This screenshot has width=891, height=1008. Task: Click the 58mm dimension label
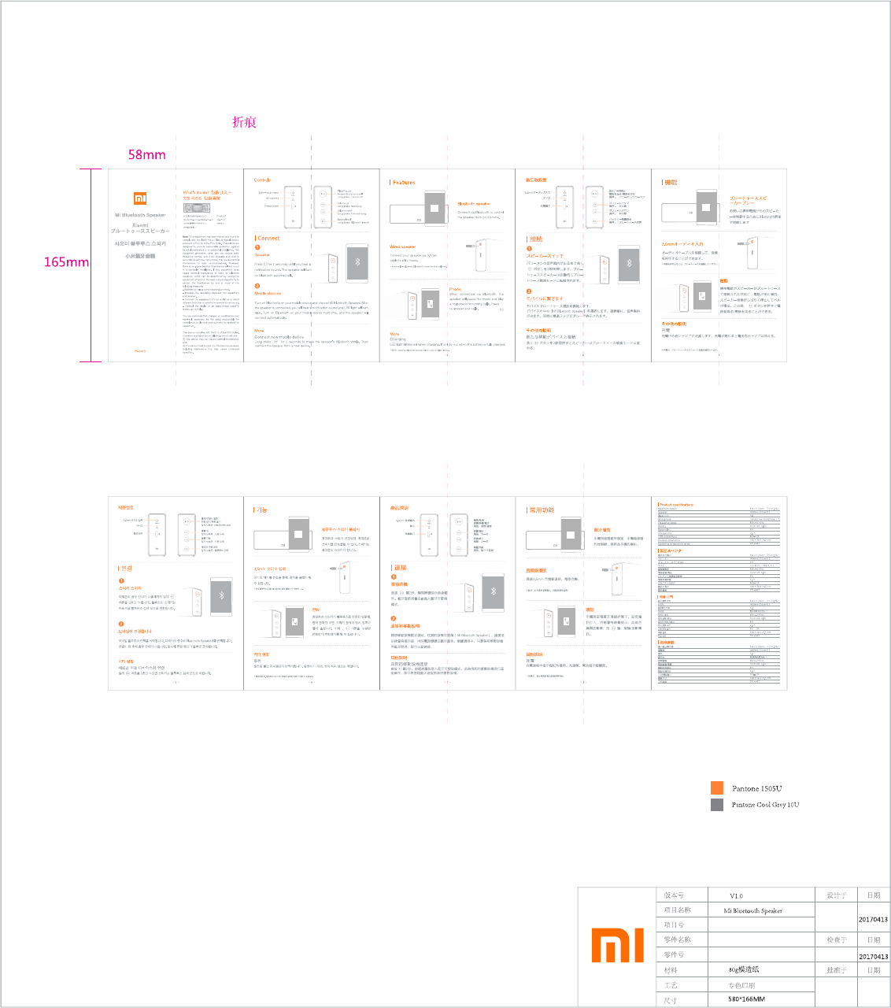[146, 154]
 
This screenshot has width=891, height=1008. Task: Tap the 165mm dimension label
[66, 261]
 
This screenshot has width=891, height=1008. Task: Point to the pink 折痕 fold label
[244, 122]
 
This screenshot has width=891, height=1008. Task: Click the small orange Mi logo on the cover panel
[140, 198]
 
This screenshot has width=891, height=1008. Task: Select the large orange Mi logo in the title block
[617, 945]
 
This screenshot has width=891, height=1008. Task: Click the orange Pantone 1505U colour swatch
[716, 788]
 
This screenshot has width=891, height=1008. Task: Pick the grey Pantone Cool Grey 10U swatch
[716, 805]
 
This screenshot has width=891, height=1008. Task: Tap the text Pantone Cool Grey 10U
[765, 805]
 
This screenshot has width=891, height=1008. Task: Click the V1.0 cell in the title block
[736, 896]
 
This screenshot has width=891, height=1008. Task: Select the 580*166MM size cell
[746, 999]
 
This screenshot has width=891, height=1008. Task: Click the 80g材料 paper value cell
[744, 970]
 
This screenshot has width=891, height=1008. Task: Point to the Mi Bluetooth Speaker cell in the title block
[752, 911]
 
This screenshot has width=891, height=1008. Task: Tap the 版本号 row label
[674, 896]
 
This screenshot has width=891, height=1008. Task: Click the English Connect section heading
[268, 238]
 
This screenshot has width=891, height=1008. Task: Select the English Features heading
[404, 183]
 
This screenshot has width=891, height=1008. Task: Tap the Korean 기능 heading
[261, 510]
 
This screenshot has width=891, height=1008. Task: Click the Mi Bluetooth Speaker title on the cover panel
[140, 215]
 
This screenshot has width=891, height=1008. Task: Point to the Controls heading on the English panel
[263, 180]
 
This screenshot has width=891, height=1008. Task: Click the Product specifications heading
[676, 505]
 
